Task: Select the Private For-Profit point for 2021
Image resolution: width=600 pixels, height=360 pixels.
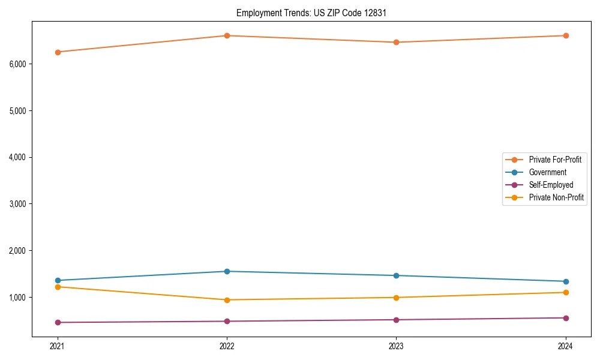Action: tap(58, 52)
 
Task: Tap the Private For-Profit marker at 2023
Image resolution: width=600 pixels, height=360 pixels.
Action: tap(396, 42)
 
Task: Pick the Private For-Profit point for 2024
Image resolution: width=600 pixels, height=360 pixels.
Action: tap(566, 35)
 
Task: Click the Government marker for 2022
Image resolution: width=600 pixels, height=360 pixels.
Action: tap(227, 271)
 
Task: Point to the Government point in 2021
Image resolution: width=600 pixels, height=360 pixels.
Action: tap(58, 280)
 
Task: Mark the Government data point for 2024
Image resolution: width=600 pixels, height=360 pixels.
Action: tap(566, 281)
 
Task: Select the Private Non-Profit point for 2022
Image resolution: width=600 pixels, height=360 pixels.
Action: tap(227, 300)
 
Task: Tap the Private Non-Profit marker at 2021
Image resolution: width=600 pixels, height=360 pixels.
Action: tap(58, 287)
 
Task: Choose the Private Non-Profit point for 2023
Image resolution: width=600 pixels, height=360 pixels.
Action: tap(396, 298)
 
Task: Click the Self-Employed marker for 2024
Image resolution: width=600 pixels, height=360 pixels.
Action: tap(566, 318)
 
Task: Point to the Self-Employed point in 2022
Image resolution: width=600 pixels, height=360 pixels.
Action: tap(227, 321)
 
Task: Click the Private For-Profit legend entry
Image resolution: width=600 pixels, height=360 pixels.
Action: tap(554, 160)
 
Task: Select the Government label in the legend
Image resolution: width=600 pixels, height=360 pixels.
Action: tap(547, 172)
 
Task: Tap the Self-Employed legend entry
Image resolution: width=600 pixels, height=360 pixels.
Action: tap(551, 185)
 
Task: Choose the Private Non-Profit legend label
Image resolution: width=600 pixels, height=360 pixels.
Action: tap(556, 197)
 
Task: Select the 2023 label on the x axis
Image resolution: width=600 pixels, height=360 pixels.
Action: tap(396, 346)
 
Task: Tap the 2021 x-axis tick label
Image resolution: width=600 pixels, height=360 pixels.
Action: tap(58, 346)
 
